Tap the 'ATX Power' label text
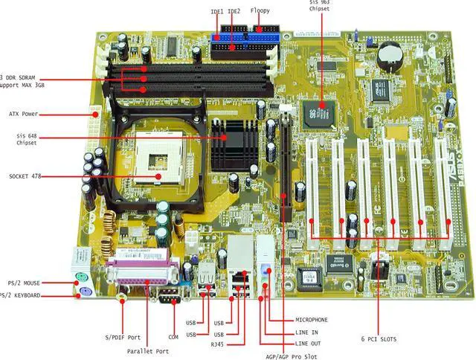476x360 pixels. tap(24, 115)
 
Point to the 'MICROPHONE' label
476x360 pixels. tap(312, 320)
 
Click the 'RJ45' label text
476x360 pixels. tap(216, 345)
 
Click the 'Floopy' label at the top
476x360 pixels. tap(260, 11)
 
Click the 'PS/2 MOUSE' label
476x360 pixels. tap(25, 283)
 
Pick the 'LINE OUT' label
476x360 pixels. tap(308, 344)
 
